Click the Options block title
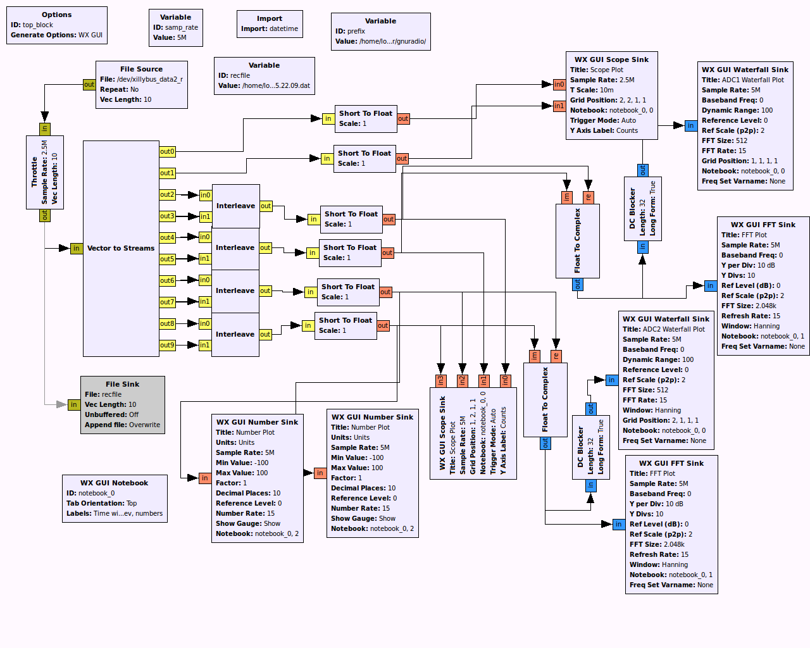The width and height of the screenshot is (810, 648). tap(56, 15)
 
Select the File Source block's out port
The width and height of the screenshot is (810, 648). tap(89, 84)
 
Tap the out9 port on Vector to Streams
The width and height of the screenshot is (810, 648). tap(167, 345)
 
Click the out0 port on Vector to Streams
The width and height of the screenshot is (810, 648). tap(167, 151)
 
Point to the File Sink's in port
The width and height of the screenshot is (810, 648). tap(74, 404)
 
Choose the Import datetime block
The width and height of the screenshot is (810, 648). tap(270, 24)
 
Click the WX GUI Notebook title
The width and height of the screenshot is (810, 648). tap(114, 483)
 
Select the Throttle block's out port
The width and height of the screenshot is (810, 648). tap(44, 215)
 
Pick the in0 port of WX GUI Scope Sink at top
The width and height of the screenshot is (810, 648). tap(559, 84)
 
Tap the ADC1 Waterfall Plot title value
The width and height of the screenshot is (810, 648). tap(752, 80)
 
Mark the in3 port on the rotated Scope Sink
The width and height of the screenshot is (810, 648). tap(441, 380)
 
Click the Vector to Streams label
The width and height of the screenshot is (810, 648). tap(120, 248)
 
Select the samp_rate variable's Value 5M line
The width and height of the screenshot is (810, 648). tap(170, 37)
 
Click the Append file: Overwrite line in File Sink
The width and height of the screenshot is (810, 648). tap(122, 425)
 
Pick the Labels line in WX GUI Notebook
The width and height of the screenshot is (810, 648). tap(115, 513)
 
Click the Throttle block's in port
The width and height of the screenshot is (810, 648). tap(44, 128)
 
